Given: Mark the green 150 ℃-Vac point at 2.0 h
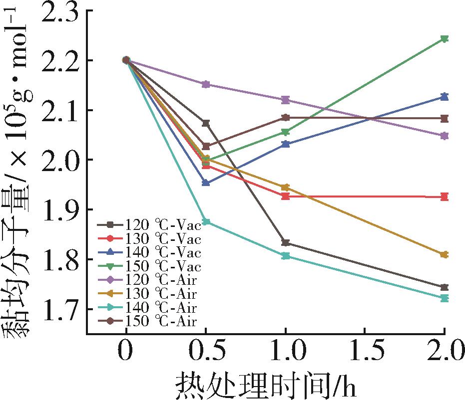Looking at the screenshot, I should click(445, 39).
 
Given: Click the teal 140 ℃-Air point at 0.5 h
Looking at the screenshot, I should click(206, 222).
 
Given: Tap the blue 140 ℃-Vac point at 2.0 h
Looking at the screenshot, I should click(445, 97).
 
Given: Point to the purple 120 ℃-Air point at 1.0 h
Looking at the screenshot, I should click(285, 100).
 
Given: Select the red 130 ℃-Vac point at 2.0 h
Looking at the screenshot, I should click(445, 197).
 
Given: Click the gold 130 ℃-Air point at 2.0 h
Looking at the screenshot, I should click(445, 254).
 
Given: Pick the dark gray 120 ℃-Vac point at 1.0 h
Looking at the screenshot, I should click(285, 243).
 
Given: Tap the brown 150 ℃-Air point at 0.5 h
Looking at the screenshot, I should click(206, 146).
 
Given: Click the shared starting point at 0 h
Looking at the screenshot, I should click(126, 60).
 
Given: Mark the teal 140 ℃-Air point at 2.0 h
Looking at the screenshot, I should click(445, 298).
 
